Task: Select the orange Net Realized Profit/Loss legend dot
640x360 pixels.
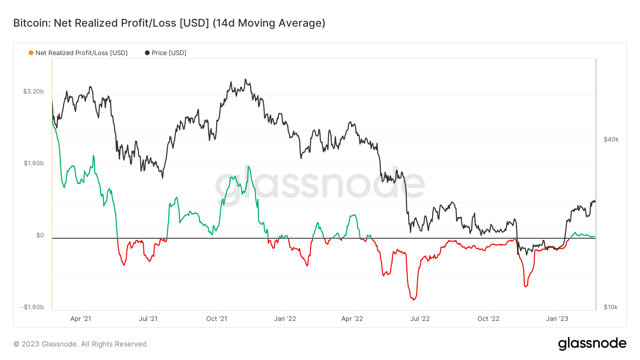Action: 31,53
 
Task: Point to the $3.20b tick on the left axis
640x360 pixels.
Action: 33,91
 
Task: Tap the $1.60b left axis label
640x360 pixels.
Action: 34,163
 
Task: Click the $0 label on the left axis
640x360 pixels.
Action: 40,235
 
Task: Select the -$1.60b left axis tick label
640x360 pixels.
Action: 32,307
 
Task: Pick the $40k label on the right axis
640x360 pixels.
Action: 611,139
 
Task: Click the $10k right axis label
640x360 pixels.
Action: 610,307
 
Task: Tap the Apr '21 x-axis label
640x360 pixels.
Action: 81,319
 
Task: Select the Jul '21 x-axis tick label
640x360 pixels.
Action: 148,319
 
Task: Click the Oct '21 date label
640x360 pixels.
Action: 217,319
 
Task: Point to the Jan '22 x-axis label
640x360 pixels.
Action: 285,319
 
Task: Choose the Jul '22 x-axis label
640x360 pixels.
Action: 420,319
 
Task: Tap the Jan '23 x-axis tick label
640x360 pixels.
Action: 557,319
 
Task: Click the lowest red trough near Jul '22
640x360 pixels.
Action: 414,300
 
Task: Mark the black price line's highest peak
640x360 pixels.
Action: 245,79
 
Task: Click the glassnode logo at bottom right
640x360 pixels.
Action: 592,344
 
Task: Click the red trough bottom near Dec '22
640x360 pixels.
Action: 526,286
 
